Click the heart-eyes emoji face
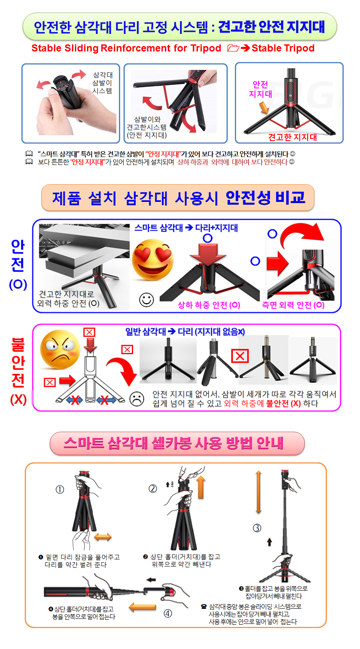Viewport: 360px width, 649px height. point(153,260)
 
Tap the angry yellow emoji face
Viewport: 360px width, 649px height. point(60,349)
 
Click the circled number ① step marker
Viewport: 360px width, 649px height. point(60,489)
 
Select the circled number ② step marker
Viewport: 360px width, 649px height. point(153,489)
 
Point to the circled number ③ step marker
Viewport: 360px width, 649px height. point(257,528)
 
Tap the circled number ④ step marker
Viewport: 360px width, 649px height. point(168,613)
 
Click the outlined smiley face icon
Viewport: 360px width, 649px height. point(147,300)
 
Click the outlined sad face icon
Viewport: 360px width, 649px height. point(137,399)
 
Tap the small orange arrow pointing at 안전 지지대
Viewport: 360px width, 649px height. point(264,108)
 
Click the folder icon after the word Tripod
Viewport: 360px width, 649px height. point(233,48)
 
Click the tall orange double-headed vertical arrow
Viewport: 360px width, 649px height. point(258,492)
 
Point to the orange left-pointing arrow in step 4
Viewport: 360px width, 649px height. point(142,607)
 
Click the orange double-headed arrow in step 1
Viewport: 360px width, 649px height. point(103,537)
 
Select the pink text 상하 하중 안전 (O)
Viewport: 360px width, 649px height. point(209,305)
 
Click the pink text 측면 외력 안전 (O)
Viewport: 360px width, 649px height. point(293,305)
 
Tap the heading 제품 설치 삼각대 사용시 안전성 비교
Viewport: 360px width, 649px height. point(178,198)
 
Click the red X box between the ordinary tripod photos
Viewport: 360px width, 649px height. point(240,356)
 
